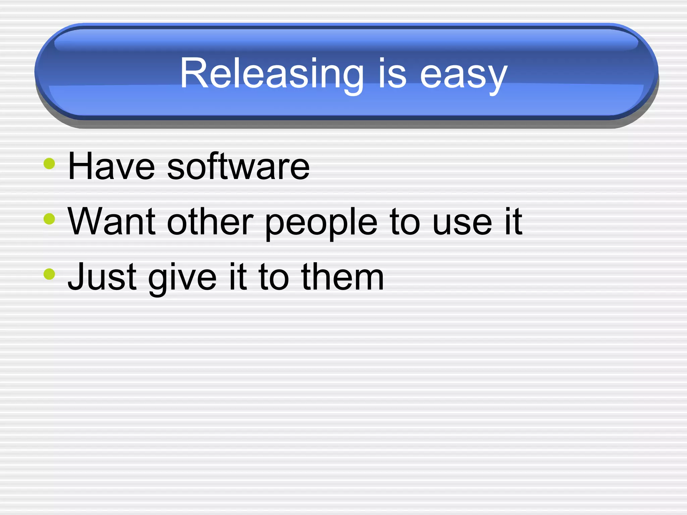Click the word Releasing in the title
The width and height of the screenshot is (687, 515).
(x=272, y=74)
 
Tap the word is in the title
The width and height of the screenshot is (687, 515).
(x=392, y=74)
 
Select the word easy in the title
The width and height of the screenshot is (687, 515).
(x=464, y=75)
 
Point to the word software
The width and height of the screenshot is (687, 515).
(x=238, y=166)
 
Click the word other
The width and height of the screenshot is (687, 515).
(x=210, y=222)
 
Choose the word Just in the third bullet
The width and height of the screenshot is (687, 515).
(x=102, y=277)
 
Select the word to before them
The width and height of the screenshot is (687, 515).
(x=273, y=278)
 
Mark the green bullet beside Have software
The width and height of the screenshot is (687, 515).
(x=49, y=164)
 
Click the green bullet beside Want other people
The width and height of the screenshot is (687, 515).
(x=49, y=219)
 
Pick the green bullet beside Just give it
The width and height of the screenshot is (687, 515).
(x=49, y=274)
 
